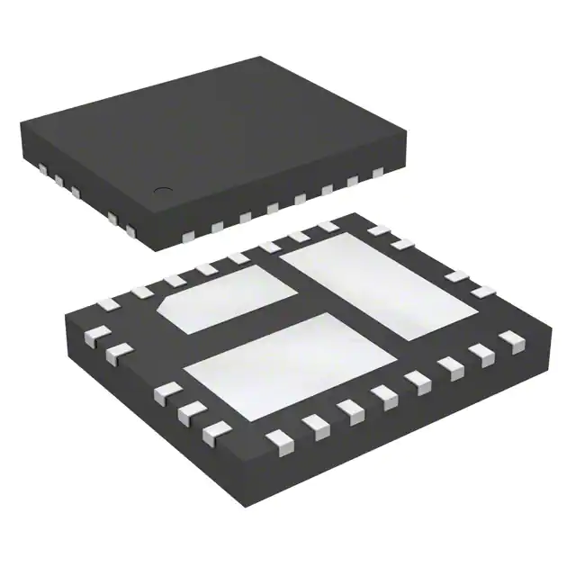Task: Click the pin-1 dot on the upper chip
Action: tap(164, 190)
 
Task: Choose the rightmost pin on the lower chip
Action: tap(510, 338)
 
